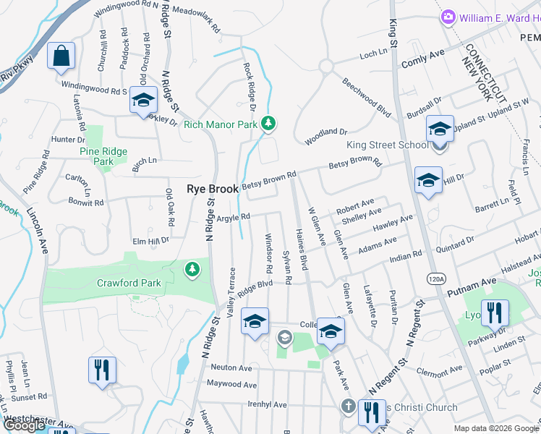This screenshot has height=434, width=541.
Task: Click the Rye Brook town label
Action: [213, 189]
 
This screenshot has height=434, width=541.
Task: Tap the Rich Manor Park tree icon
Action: [269, 124]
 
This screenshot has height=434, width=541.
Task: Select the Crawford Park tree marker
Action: [192, 270]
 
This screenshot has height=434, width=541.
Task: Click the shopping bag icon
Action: [61, 56]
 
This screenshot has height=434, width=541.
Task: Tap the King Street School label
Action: [388, 145]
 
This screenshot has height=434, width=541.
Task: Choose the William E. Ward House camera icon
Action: [448, 16]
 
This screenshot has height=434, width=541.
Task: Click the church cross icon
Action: [348, 407]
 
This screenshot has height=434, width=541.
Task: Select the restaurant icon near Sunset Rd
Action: [101, 369]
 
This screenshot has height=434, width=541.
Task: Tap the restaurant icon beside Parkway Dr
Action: [495, 312]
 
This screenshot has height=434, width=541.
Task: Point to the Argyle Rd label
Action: [233, 216]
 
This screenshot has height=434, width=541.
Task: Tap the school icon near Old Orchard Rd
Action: [143, 101]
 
